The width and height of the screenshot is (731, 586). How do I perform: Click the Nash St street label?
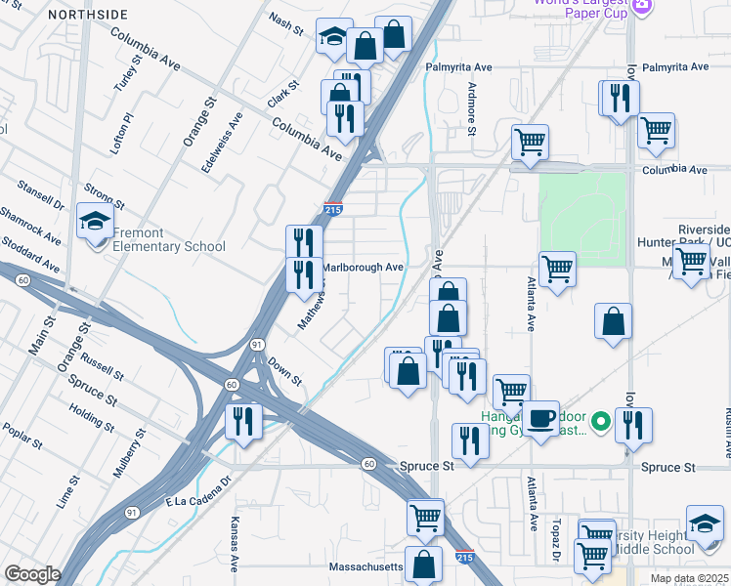click(x=288, y=25)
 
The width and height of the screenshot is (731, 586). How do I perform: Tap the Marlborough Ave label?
click(x=363, y=268)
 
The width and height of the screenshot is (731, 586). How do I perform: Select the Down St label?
click(x=283, y=371)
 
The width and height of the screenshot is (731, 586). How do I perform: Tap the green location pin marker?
click(x=602, y=422)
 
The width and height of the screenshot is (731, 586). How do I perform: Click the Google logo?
click(x=32, y=574)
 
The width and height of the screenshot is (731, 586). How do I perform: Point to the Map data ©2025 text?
click(x=690, y=577)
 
